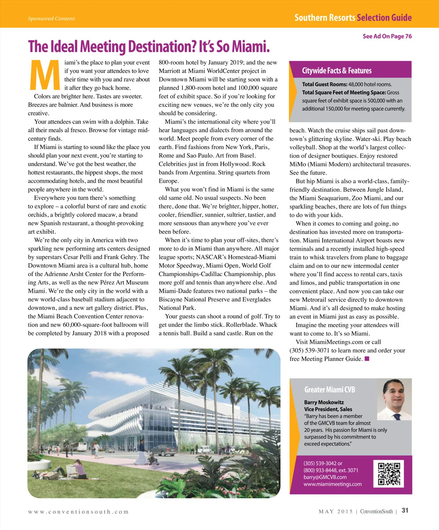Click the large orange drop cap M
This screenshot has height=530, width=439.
tap(45, 75)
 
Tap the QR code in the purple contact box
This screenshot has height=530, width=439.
tap(389, 473)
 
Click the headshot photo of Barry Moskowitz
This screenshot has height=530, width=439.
tap(394, 399)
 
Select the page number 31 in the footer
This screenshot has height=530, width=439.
tap(405, 511)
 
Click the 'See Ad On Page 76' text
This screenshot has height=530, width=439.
tap(387, 36)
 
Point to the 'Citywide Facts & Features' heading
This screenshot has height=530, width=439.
tap(337, 71)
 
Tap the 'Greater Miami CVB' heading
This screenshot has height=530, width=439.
tap(330, 390)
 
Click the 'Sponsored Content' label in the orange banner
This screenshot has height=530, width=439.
tap(51, 19)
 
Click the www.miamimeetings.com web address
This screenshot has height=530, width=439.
tap(333, 484)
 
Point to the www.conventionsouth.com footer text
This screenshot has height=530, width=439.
tap(78, 512)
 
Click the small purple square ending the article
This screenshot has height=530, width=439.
tap(367, 359)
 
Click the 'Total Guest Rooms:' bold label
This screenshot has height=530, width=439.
tap(324, 84)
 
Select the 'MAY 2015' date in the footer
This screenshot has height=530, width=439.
tap(335, 512)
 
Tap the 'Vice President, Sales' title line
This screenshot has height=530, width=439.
tap(328, 409)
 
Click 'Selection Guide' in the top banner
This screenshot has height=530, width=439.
tap(384, 18)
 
